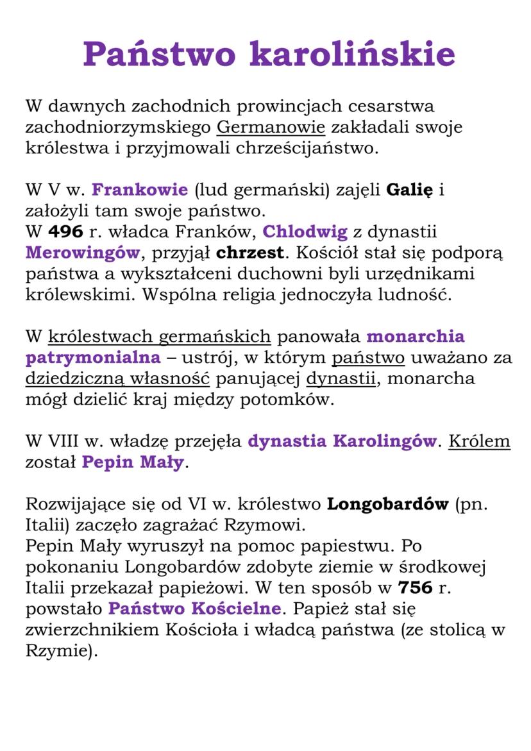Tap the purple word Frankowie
pyautogui.click(x=140, y=190)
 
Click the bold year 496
pyautogui.click(x=65, y=232)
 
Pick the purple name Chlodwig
pyautogui.click(x=305, y=232)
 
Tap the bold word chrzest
pyautogui.click(x=246, y=253)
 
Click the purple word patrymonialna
pyautogui.click(x=92, y=357)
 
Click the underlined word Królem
pyautogui.click(x=479, y=441)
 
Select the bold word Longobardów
pyautogui.click(x=387, y=504)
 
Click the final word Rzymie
pyautogui.click(x=58, y=651)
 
